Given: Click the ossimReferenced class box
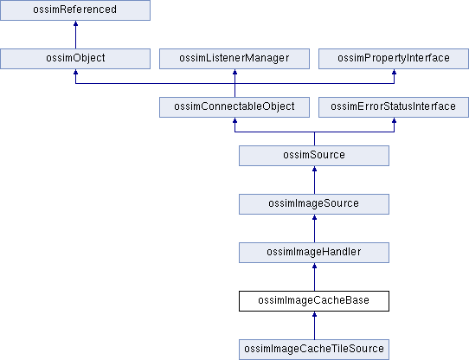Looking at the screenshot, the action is [75, 10].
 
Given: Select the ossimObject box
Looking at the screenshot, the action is [75, 59].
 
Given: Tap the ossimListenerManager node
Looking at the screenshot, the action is [234, 59].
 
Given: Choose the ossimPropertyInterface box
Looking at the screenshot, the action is [394, 59].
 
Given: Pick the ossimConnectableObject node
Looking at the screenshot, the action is [234, 107].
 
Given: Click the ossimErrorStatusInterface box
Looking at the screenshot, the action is [394, 107].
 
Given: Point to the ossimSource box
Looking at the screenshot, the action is [314, 156].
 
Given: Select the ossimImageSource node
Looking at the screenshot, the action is [314, 204].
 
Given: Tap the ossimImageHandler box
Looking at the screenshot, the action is [314, 253].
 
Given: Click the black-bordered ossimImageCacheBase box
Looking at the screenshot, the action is [314, 301].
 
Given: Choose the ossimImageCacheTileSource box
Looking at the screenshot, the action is [314, 350].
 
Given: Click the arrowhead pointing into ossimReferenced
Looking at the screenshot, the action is [75, 23].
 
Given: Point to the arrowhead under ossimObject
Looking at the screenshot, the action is [75, 72].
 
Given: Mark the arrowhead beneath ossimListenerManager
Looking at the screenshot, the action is [234, 72].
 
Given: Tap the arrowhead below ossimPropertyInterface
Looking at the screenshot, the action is [395, 72].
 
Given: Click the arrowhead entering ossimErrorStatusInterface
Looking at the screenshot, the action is [395, 120].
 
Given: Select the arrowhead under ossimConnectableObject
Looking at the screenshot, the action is [234, 120].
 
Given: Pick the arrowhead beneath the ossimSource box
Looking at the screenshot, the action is [314, 169].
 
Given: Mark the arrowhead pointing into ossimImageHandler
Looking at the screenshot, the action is [314, 266].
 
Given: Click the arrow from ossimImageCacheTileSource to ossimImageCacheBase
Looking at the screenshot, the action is [314, 325].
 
